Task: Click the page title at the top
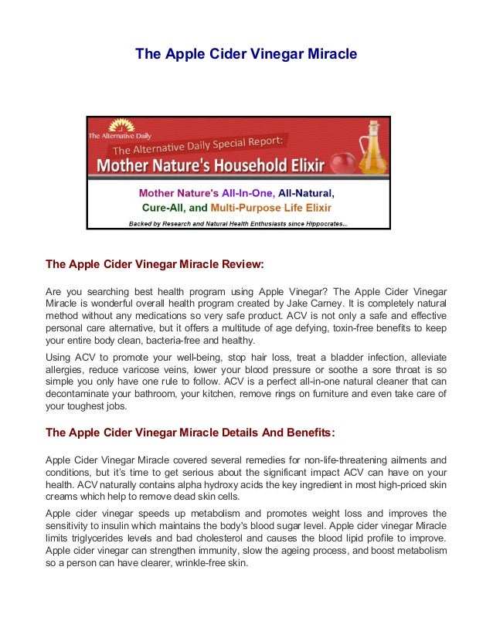[x=246, y=54]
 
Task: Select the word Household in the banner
[x=255, y=165]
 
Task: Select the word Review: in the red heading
[x=240, y=264]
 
